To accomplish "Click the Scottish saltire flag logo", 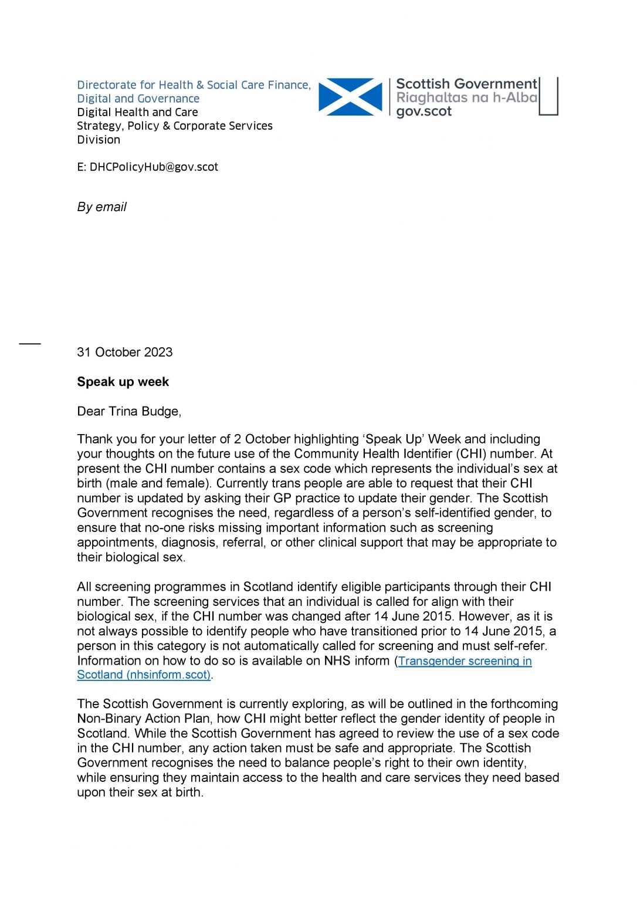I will pyautogui.click(x=350, y=97).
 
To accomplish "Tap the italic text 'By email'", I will pyautogui.click(x=101, y=207).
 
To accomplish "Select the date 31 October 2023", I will pyautogui.click(x=124, y=353).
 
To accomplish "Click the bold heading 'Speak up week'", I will pyautogui.click(x=123, y=382).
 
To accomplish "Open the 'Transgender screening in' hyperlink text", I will pyautogui.click(x=465, y=661).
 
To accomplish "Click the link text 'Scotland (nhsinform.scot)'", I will pyautogui.click(x=144, y=675).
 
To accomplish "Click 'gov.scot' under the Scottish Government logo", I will pyautogui.click(x=423, y=111).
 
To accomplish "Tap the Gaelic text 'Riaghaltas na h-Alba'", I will pyautogui.click(x=466, y=98).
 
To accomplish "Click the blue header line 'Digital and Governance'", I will pyautogui.click(x=138, y=99).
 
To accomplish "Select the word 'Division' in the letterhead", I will pyautogui.click(x=99, y=140).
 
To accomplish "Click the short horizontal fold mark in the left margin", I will pyautogui.click(x=30, y=343).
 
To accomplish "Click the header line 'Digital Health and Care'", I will pyautogui.click(x=137, y=112).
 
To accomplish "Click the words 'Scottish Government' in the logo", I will pyautogui.click(x=466, y=84).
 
